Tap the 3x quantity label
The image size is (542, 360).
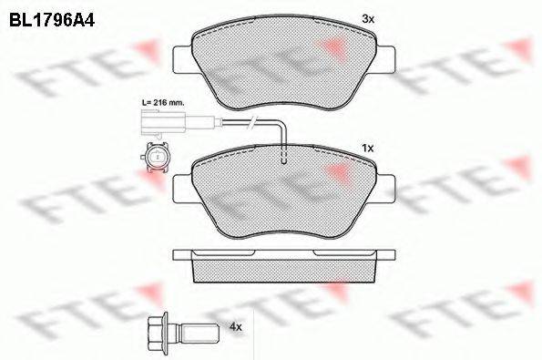click(x=367, y=18)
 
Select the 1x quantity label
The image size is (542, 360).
click(x=367, y=147)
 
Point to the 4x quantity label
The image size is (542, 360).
click(x=238, y=324)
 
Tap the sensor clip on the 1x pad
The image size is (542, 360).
click(x=284, y=160)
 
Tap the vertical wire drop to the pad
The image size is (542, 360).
click(x=284, y=141)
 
